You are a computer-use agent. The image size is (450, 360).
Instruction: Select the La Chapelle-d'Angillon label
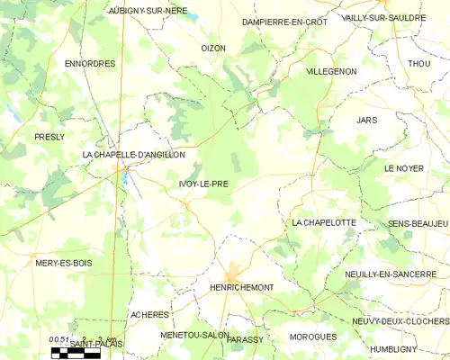click(133, 155)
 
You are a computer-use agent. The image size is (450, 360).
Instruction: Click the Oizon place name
click(213, 48)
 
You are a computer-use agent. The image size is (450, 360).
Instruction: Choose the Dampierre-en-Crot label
click(285, 21)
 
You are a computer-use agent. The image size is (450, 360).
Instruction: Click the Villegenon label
click(331, 70)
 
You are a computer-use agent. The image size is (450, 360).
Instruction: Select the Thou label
click(418, 64)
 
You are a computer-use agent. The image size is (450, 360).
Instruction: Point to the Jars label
click(366, 120)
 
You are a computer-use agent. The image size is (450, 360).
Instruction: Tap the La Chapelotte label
click(324, 222)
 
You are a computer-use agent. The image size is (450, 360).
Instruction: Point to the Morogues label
click(313, 337)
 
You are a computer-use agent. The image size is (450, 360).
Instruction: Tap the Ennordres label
click(90, 64)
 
